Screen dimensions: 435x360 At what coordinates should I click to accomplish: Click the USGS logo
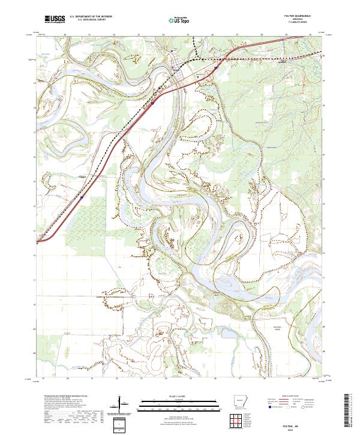click(55, 20)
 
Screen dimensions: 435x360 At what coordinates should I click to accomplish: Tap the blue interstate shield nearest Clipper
click(82, 196)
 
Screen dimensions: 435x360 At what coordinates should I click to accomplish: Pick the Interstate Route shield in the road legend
click(269, 407)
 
